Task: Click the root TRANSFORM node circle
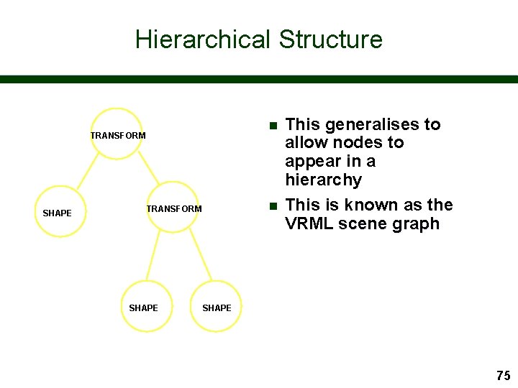click(x=117, y=134)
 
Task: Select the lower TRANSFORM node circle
click(x=173, y=207)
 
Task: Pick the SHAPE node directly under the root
click(x=59, y=212)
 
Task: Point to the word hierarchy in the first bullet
click(x=323, y=180)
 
